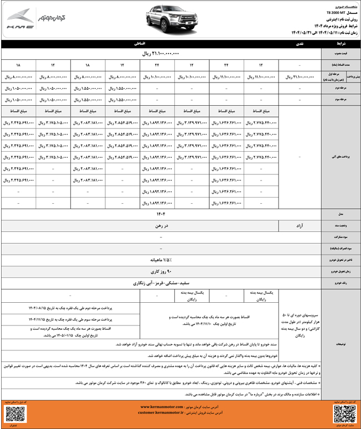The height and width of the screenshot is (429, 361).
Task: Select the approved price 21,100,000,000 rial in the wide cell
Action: coord(161,54)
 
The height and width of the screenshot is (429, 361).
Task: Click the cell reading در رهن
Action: coord(161,226)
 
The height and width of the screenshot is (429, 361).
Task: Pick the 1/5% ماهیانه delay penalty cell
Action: coord(161,260)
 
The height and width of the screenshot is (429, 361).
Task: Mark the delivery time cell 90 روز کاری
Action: coord(161,271)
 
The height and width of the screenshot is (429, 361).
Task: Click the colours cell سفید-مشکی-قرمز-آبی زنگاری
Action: coord(161,282)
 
